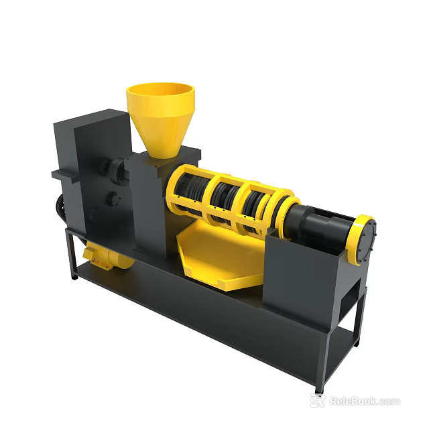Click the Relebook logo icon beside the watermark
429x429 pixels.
(318, 401)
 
